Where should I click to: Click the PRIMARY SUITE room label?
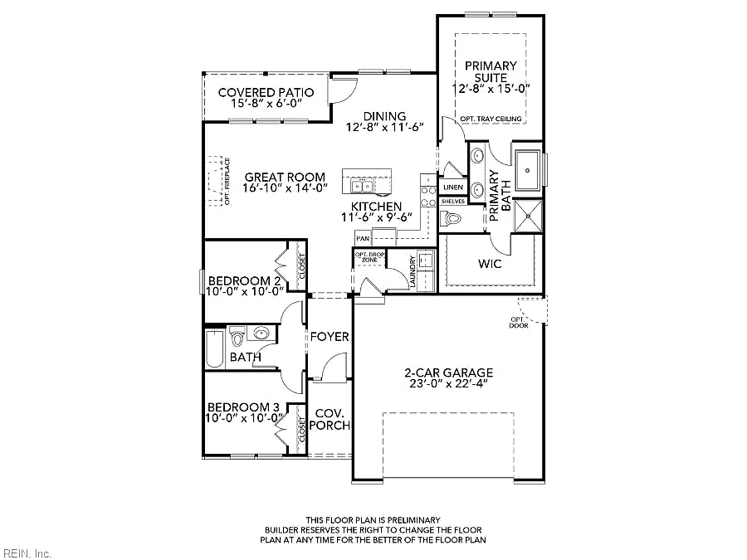pyautogui.click(x=491, y=71)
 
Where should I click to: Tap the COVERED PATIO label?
pyautogui.click(x=266, y=92)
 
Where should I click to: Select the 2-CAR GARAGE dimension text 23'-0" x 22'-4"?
pyautogui.click(x=449, y=384)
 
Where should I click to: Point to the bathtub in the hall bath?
pyautogui.click(x=215, y=349)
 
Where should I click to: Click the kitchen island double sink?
pyautogui.click(x=362, y=186)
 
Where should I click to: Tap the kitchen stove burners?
pyautogui.click(x=428, y=196)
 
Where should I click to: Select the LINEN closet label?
pyautogui.click(x=452, y=187)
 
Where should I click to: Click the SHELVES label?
pyautogui.click(x=452, y=202)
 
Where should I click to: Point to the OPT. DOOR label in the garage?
pyautogui.click(x=518, y=323)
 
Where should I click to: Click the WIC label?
pyautogui.click(x=490, y=264)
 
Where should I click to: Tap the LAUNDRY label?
pyautogui.click(x=413, y=272)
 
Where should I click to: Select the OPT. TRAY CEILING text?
pyautogui.click(x=491, y=119)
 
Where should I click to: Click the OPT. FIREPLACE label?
pyautogui.click(x=227, y=182)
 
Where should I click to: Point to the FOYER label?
pyautogui.click(x=330, y=337)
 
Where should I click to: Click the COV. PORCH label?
pyautogui.click(x=330, y=419)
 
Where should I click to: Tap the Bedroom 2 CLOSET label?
pyautogui.click(x=301, y=266)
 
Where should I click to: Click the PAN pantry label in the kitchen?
pyautogui.click(x=363, y=239)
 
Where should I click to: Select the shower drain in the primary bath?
pyautogui.click(x=528, y=216)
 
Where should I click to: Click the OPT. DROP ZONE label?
pyautogui.click(x=369, y=257)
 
